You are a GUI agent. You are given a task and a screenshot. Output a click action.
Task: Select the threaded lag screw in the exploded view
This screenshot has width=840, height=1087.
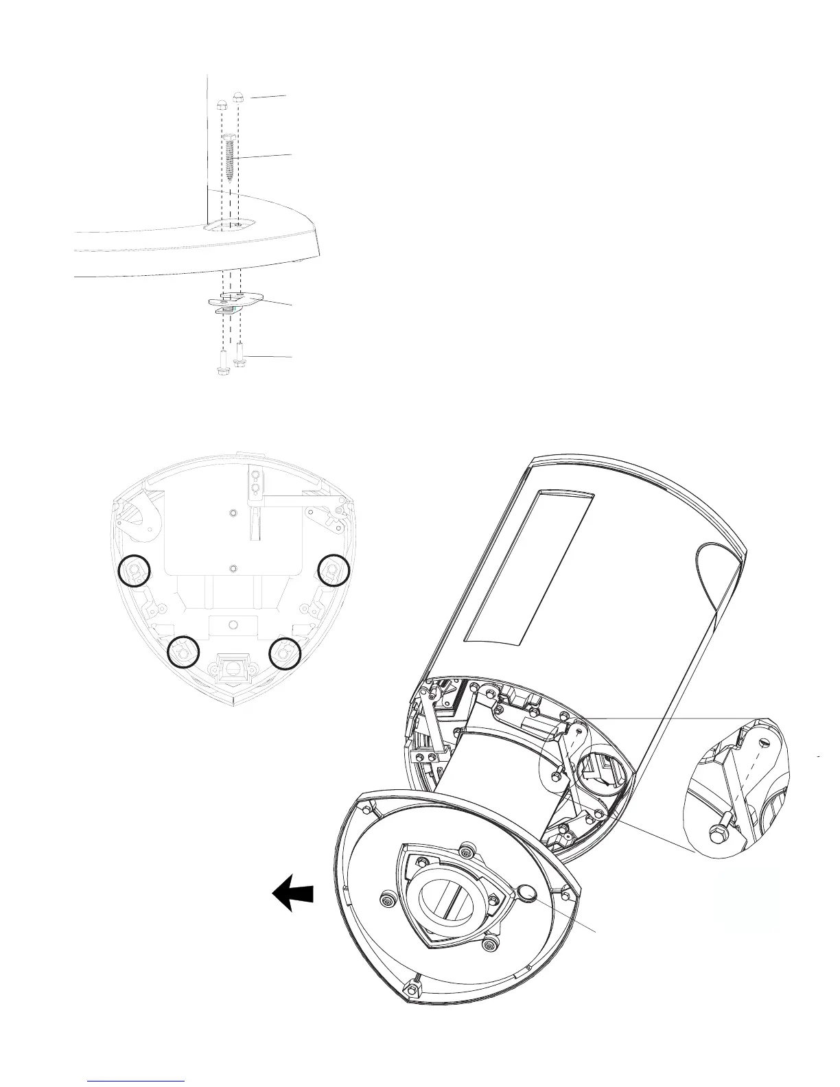point(230,156)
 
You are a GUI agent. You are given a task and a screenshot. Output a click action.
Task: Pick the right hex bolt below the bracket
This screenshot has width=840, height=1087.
point(240,355)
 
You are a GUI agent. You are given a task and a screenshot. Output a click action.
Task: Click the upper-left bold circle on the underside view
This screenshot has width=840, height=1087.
point(133,570)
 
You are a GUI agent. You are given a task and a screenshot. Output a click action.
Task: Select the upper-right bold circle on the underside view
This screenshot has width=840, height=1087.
point(335,569)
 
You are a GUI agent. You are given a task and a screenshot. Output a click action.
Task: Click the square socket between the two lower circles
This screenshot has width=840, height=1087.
point(233,666)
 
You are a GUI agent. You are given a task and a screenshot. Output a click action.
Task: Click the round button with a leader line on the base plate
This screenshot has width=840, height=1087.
point(528,893)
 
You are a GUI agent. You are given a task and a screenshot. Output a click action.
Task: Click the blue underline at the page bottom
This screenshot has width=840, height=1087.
point(137,1080)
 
